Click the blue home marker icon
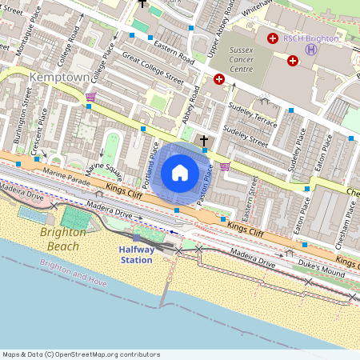pos(180,173)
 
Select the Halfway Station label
pos(136,254)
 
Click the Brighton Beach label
pos(59,239)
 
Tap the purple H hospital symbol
pos(311,50)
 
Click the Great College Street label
pos(153,68)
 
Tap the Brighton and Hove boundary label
pos(74,278)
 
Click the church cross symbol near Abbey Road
pos(203,142)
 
